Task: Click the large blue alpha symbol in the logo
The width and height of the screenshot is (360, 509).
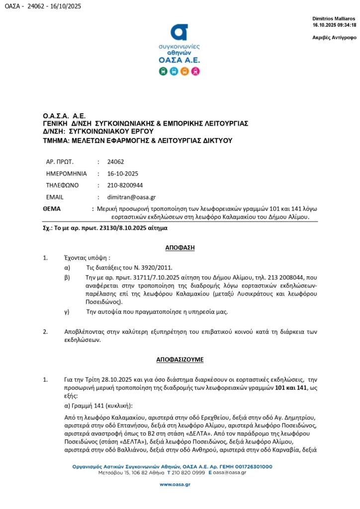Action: click(179, 32)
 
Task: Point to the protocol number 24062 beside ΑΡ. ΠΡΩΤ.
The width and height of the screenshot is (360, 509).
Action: click(115, 162)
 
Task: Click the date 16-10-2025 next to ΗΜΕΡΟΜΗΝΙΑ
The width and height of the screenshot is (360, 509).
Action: click(122, 173)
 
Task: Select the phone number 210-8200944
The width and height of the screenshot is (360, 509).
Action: click(124, 185)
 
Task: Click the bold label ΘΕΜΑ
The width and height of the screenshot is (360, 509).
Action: click(52, 209)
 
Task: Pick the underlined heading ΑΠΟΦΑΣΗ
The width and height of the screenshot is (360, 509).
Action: click(180, 247)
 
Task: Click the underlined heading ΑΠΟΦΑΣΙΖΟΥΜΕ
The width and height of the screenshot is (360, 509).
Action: click(180, 359)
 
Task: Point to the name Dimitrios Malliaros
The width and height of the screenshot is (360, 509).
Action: click(334, 18)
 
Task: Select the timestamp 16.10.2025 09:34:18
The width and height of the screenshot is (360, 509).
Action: click(334, 24)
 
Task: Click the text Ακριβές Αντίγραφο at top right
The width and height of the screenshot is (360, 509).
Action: click(334, 37)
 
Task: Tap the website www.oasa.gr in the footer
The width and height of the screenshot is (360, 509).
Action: click(179, 484)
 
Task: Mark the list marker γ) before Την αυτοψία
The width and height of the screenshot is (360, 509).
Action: click(67, 312)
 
